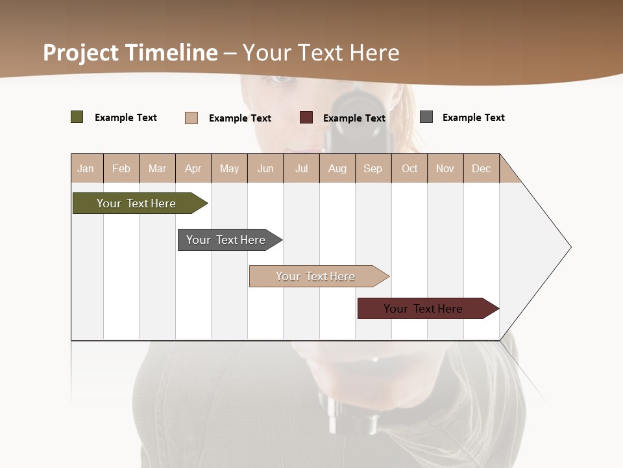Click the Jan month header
pos(86,168)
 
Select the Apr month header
pos(193,168)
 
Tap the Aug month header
pos(337,168)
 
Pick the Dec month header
pos(481,168)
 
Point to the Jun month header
pos(265,168)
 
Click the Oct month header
pos(409,168)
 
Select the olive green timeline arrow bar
pos(136,203)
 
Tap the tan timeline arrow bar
pos(315,276)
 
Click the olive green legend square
pos(77,117)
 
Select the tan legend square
pos(191,118)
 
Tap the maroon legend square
pos(306,118)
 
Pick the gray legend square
pos(426,117)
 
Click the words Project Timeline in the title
pos(130,53)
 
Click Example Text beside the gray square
pos(473,118)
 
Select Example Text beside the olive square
pos(125,118)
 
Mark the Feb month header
pos(121,168)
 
